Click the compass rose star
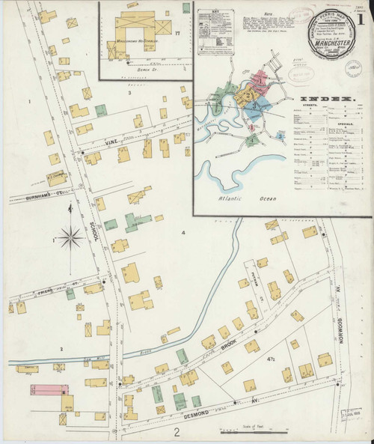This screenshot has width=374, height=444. (72, 239)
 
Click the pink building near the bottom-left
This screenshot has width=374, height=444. (46, 389)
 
